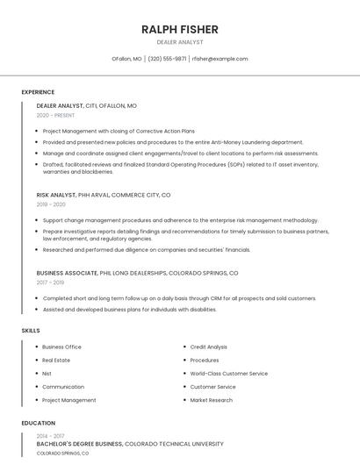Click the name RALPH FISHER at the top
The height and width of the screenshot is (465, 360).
(x=179, y=29)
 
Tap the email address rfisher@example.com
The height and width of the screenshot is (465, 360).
(x=220, y=59)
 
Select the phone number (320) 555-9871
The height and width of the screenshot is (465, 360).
(x=167, y=59)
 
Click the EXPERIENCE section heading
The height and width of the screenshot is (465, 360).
(x=38, y=92)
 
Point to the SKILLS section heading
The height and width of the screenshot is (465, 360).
(x=31, y=330)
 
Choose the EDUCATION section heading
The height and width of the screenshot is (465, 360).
(x=38, y=423)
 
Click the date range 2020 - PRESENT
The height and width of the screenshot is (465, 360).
(x=55, y=115)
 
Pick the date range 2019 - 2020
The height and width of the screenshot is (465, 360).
(x=51, y=204)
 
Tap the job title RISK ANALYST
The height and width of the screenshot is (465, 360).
(x=56, y=195)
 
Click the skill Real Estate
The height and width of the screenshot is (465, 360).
(x=56, y=360)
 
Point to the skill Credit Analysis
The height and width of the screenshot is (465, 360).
(x=208, y=347)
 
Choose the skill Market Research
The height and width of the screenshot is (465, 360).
(x=211, y=400)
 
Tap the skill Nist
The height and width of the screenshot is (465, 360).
(x=47, y=373)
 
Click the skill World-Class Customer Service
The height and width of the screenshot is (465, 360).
(x=228, y=373)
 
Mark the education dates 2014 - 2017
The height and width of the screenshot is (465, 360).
(x=50, y=436)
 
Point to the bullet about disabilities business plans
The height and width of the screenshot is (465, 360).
(x=129, y=309)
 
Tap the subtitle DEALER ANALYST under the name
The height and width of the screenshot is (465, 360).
(x=179, y=42)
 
